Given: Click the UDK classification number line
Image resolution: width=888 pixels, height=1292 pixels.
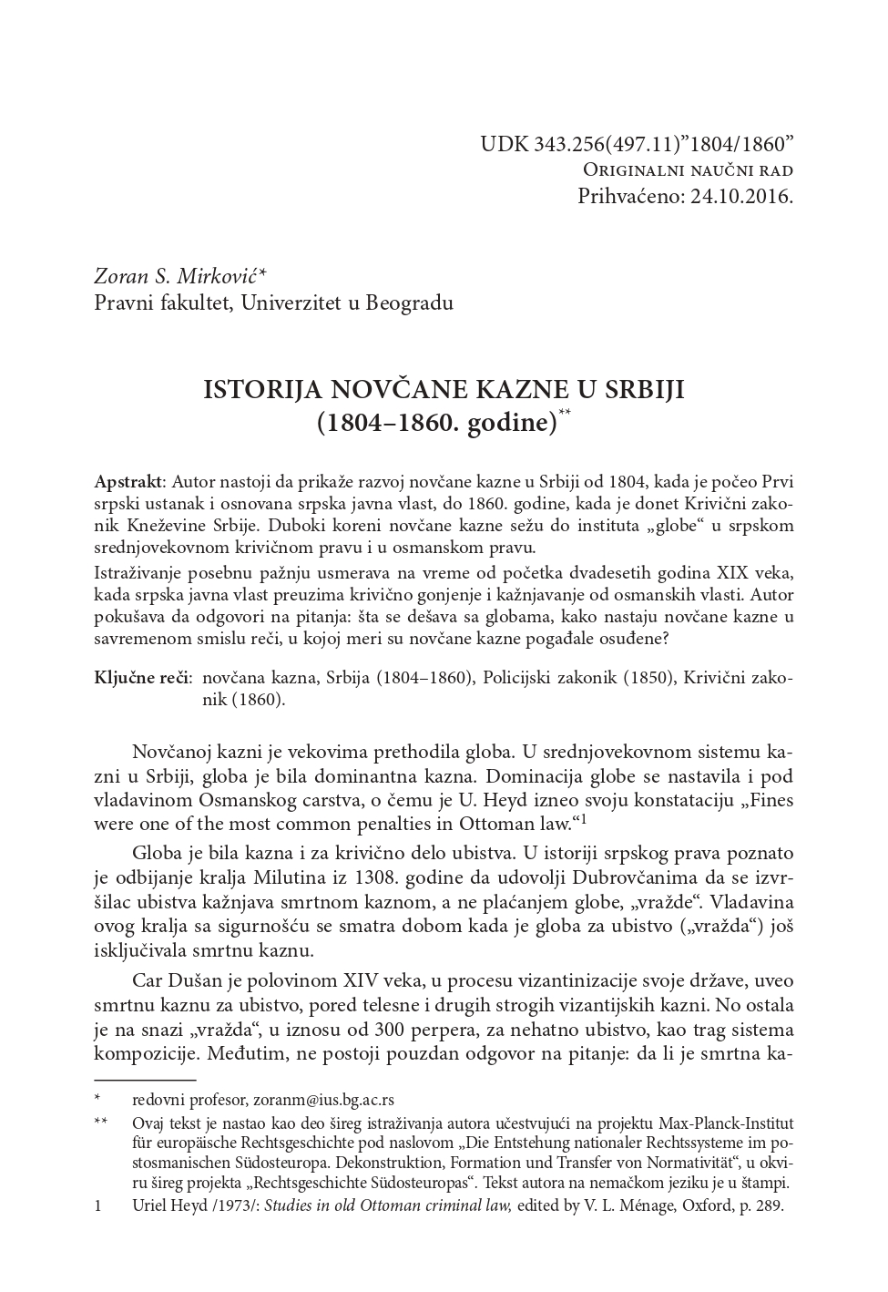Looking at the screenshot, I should coord(637,144).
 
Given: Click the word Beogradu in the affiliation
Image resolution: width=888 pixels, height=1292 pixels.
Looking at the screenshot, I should coord(409,302).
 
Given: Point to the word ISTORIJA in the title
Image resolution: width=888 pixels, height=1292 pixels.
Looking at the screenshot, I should coord(255,390).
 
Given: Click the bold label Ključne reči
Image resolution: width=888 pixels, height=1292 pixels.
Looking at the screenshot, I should coord(142,678).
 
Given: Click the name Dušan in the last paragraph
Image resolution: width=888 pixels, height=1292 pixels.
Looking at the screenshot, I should coord(194,981).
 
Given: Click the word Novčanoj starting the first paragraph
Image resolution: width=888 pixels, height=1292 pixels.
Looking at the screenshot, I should coord(172,753).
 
